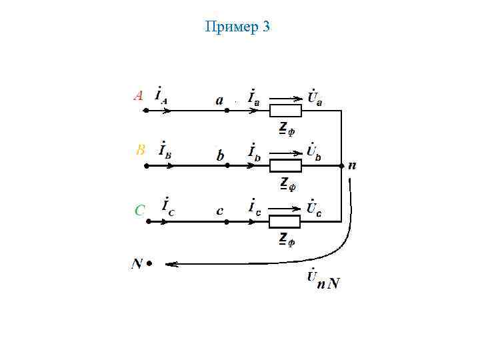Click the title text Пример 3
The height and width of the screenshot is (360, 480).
click(238, 27)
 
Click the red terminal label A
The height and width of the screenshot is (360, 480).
click(138, 95)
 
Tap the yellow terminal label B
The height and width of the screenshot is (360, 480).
click(140, 151)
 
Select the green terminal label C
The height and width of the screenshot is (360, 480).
click(140, 211)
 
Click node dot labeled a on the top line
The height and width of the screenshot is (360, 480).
click(227, 111)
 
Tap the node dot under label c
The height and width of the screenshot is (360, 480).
click(227, 221)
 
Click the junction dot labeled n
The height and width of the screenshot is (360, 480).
click(341, 165)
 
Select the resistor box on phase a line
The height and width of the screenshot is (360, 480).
click(285, 111)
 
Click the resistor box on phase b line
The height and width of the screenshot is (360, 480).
click(285, 165)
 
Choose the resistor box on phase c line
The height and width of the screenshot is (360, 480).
click(285, 221)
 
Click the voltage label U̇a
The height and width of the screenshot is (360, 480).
click(315, 97)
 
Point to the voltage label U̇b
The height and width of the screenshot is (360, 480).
click(314, 153)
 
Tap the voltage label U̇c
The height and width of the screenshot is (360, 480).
click(314, 208)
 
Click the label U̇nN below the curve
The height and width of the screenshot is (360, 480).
click(323, 280)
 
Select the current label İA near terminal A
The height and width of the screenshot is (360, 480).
click(161, 95)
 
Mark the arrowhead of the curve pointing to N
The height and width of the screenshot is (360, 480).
click(169, 264)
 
